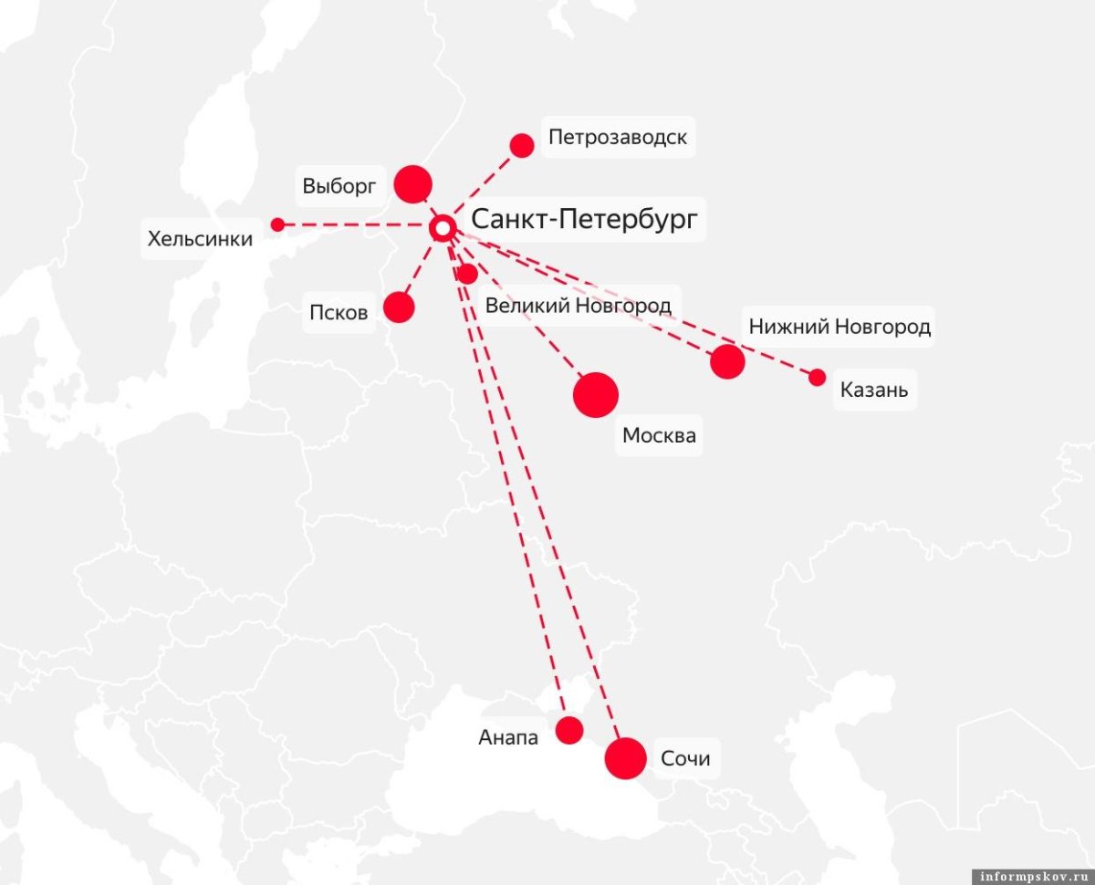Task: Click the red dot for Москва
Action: click(596, 395)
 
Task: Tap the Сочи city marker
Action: click(626, 758)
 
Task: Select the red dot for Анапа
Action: click(569, 730)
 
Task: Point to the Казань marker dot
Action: click(818, 378)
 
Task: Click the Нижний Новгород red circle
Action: click(727, 362)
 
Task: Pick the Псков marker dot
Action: click(399, 307)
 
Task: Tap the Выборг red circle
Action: click(412, 184)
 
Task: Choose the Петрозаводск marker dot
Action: click(522, 145)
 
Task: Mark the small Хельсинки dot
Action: click(277, 224)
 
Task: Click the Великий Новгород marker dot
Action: click(467, 274)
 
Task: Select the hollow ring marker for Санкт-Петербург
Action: click(443, 228)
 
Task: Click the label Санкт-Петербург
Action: click(584, 220)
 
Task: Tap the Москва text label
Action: click(659, 436)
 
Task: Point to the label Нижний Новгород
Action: click(839, 327)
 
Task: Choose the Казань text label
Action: click(874, 390)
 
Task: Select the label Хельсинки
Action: click(200, 240)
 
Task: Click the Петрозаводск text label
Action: click(618, 138)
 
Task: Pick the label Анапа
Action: click(508, 737)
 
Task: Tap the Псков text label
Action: click(339, 314)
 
